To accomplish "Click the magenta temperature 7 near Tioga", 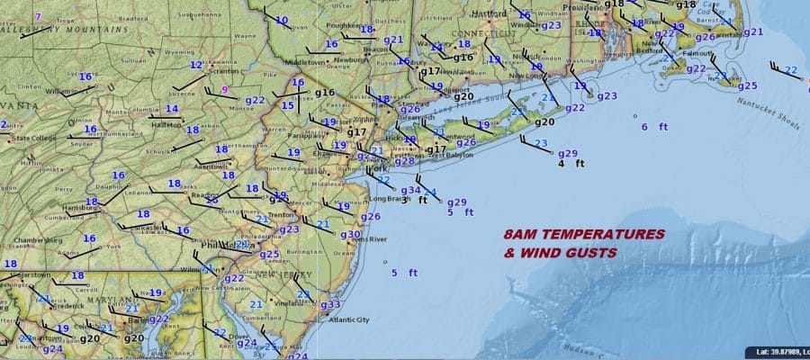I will [x=38, y=16].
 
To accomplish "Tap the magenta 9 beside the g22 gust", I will [x=224, y=90].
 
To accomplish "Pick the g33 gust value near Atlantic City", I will [x=330, y=305].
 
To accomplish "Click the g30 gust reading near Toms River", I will [x=350, y=235].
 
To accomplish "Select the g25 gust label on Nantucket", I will [x=747, y=86].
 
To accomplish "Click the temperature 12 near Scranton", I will [x=196, y=65].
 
